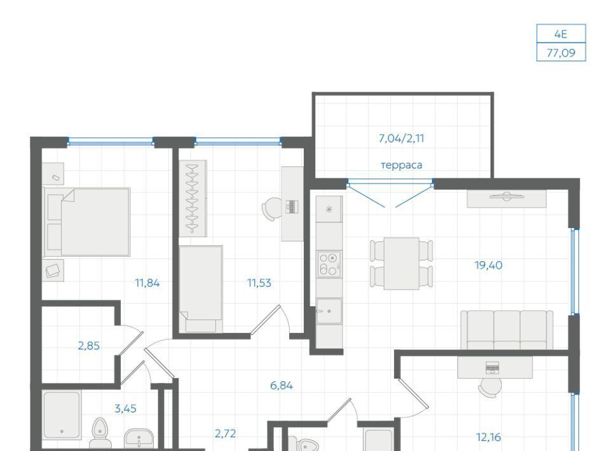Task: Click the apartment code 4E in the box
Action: coord(560,34)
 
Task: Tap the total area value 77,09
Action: coord(560,53)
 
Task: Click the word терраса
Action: coord(401,165)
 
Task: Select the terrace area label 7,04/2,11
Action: coord(401,138)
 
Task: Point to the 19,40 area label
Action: coord(488,266)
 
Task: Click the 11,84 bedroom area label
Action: coord(147,283)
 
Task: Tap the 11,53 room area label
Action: coord(259,283)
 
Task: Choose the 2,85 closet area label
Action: coord(89,346)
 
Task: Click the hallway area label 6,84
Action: coord(281,386)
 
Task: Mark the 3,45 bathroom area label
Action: coord(125,408)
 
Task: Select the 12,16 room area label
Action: coord(488,438)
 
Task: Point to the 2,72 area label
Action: coord(225,433)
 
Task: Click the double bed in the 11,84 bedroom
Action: coord(86,222)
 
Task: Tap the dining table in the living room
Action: coord(402,264)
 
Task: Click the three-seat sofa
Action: coord(507,330)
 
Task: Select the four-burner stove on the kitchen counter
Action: coord(329,265)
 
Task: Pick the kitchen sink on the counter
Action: coord(329,311)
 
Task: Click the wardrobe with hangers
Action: coord(193,198)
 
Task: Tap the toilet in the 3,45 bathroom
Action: coord(100,433)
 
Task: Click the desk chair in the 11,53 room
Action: coord(272,209)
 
